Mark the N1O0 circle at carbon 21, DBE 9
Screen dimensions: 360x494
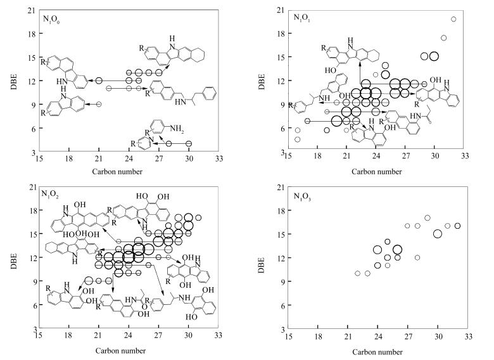tap(99, 104)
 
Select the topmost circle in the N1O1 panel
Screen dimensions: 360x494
tap(453, 19)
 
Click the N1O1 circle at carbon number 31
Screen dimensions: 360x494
tap(444, 38)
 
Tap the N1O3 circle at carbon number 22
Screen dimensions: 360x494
tap(357, 274)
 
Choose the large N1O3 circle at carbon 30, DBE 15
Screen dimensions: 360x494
tap(438, 234)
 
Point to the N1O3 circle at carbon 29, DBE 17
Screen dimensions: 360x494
tap(427, 218)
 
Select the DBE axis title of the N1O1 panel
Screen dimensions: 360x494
tap(265, 80)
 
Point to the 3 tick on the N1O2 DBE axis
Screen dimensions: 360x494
tap(32, 330)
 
